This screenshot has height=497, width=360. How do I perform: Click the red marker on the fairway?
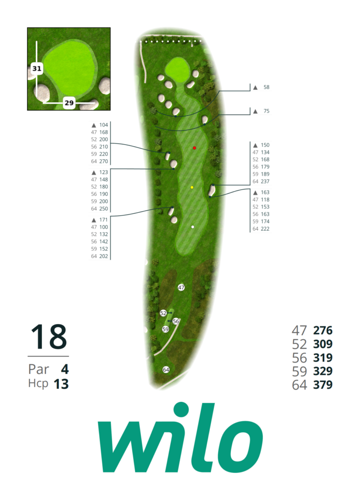point(194,148)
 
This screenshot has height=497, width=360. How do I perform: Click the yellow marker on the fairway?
point(192,187)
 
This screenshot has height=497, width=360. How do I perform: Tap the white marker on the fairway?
point(193,227)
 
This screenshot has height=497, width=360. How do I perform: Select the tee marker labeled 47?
point(181,288)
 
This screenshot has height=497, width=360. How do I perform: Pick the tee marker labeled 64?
point(166,370)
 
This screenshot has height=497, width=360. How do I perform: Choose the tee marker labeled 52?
point(163,313)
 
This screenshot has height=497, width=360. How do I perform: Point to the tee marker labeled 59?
point(166,330)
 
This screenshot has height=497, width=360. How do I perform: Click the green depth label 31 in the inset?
point(37,69)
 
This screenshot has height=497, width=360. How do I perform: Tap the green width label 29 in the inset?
point(69,103)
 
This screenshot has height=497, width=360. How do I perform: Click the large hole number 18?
point(49,337)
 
